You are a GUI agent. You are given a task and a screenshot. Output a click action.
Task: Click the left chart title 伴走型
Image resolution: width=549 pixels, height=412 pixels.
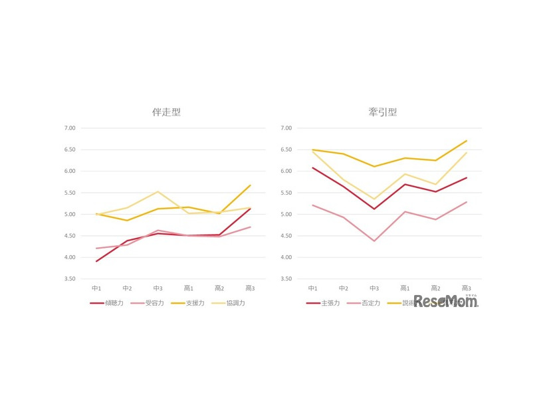coord(166,112)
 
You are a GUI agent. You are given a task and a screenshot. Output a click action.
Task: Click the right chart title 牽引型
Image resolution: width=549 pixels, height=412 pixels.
coord(383,112)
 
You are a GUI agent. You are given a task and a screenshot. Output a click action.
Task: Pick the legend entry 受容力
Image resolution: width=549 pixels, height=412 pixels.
coord(153,302)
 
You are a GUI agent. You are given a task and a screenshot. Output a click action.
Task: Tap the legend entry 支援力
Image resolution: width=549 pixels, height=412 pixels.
coord(193,302)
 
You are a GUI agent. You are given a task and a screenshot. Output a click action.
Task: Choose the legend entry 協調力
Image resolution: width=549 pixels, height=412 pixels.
coord(235,302)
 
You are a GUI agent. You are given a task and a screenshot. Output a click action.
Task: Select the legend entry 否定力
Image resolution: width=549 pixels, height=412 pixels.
coord(370,302)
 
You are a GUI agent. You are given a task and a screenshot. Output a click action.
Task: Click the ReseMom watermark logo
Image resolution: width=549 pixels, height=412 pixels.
coord(446,302)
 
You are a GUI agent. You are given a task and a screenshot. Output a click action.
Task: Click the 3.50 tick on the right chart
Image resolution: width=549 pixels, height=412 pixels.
coord(285,278)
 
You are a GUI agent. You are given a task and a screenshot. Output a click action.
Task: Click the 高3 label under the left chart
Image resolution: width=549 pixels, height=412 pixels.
coord(250,288)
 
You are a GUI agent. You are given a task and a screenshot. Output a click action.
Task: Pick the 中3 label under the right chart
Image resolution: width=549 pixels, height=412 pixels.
coord(374,288)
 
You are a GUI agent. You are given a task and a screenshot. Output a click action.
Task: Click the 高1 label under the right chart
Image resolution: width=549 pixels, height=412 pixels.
coord(405,288)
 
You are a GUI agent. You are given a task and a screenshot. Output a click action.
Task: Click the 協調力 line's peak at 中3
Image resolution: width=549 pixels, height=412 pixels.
coord(158,192)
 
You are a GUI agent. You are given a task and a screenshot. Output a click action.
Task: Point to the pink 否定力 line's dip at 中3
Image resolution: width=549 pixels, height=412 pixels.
coord(374,241)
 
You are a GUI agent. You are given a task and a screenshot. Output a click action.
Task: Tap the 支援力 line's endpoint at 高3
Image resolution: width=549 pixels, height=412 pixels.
coord(250,185)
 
